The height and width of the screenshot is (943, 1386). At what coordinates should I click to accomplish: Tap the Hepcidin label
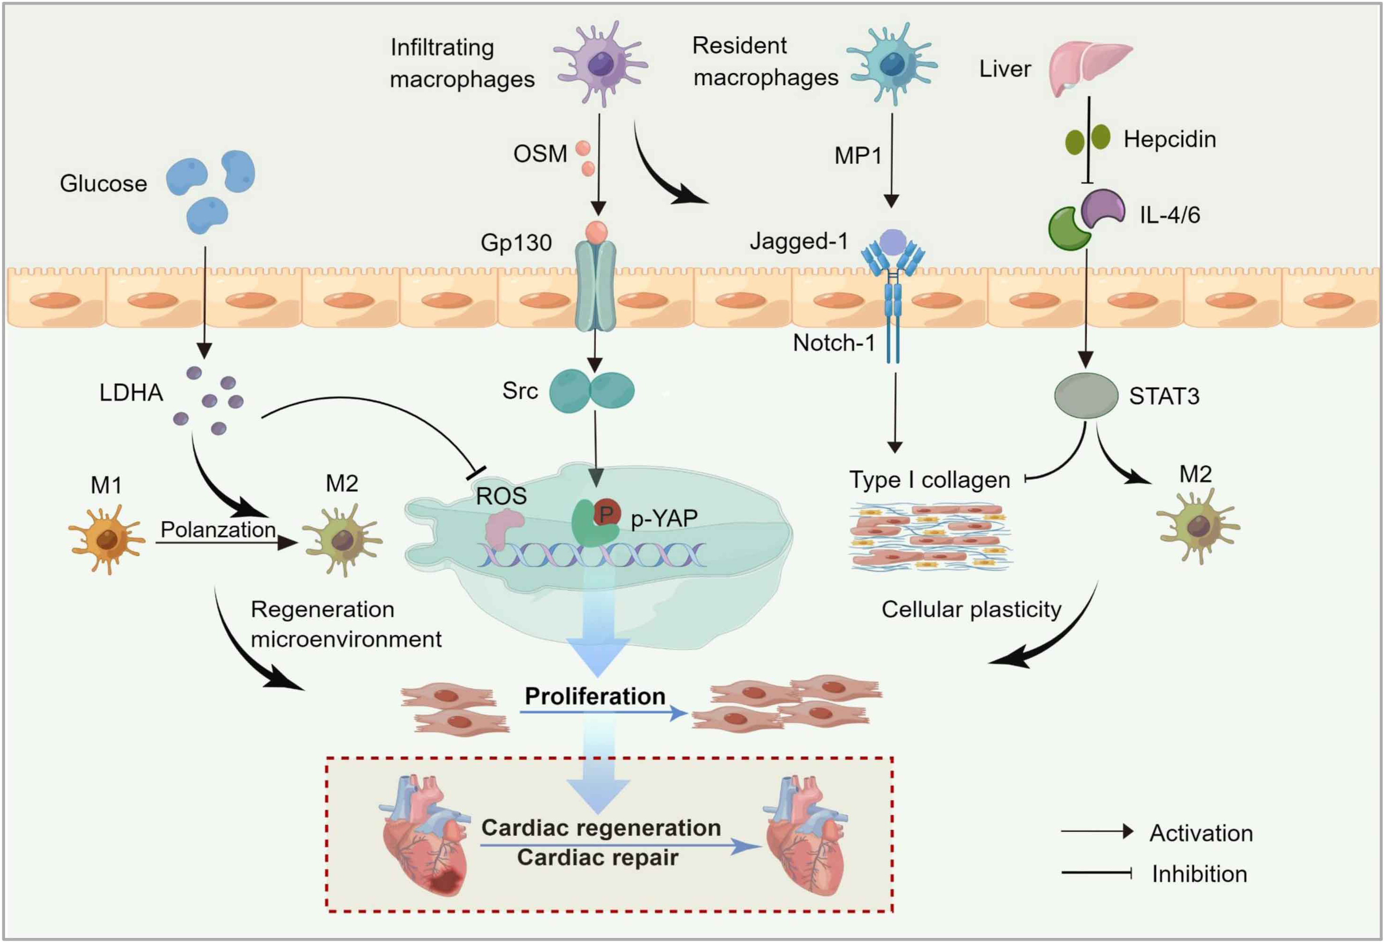click(1169, 139)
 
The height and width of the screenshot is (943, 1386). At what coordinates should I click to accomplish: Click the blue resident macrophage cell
click(892, 63)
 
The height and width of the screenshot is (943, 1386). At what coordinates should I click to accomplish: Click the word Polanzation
click(218, 529)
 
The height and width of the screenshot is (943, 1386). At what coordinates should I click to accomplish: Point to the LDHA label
click(131, 392)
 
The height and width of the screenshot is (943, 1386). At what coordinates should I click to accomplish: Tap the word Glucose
click(103, 183)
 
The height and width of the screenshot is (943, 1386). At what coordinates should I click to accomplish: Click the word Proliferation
click(595, 696)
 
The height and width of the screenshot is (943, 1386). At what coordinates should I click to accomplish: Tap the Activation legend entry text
click(1200, 833)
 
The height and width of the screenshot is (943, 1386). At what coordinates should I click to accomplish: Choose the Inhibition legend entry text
click(1199, 874)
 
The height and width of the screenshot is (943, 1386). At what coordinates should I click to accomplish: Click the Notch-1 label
click(833, 343)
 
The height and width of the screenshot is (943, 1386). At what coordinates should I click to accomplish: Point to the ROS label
click(501, 496)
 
